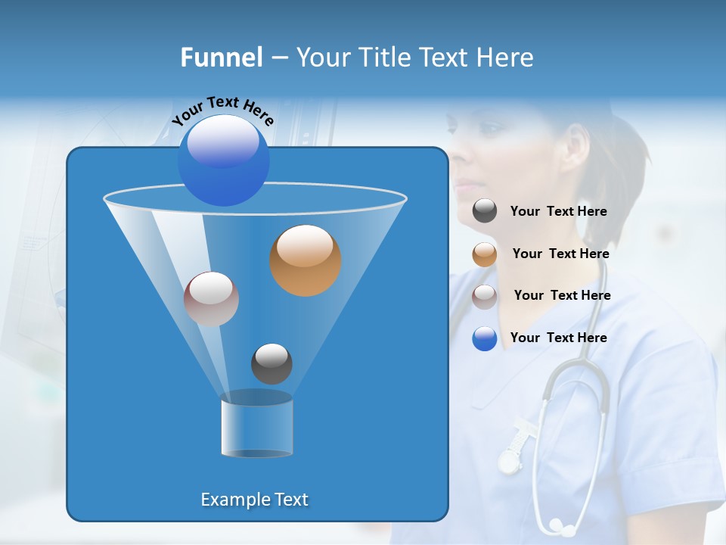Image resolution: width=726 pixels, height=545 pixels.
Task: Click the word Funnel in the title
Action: [221, 58]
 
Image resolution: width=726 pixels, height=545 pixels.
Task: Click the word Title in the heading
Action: [385, 58]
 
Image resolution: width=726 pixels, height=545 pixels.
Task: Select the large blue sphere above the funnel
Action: [223, 160]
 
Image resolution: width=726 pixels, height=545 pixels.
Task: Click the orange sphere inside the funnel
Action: [306, 260]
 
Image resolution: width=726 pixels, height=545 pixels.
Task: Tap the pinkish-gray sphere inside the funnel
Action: [211, 299]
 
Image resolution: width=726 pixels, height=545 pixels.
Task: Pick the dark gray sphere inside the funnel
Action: [271, 363]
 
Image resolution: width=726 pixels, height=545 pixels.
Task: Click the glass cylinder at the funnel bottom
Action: [257, 428]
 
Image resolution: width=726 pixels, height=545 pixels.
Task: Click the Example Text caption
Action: [254, 500]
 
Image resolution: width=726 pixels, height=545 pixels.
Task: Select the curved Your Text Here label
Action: [222, 111]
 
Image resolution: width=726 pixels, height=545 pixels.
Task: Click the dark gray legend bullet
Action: [485, 211]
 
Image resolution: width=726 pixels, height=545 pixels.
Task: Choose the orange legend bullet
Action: [485, 254]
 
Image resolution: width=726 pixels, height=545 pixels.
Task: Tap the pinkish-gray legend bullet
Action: [485, 296]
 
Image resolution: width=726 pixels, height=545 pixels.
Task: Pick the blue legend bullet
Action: [485, 338]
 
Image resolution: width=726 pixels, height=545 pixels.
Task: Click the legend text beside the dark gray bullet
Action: [558, 212]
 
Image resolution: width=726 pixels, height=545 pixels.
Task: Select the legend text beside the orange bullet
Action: [560, 254]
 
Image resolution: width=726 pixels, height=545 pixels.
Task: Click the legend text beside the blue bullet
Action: [558, 338]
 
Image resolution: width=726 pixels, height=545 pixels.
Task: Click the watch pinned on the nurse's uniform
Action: [511, 459]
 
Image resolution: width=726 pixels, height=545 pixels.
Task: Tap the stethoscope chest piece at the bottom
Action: [558, 525]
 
